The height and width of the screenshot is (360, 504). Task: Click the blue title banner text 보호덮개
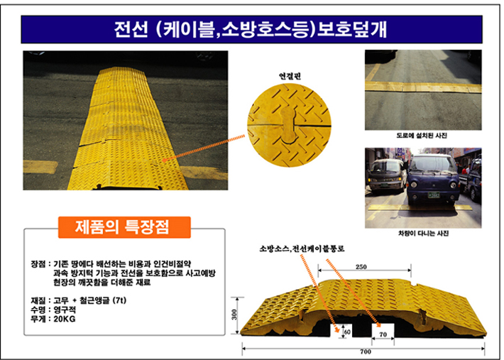352,29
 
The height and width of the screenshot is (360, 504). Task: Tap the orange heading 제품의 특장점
122,227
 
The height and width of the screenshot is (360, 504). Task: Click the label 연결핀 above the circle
290,76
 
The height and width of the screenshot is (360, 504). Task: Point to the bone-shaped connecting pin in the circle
289,124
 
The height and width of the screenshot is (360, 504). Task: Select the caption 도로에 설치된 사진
422,136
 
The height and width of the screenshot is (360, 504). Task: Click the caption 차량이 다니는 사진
423,234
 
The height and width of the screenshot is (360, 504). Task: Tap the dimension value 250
361,267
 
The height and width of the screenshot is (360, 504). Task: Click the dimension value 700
366,351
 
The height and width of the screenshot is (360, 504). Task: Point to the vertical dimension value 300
234,315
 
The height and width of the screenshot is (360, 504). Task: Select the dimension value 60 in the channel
347,332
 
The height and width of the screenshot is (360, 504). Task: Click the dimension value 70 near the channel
383,334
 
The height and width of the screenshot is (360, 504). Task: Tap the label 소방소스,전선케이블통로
302,249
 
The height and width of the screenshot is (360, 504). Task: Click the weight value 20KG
65,319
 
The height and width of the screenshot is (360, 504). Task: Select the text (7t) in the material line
119,300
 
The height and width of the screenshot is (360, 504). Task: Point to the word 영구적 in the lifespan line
65,310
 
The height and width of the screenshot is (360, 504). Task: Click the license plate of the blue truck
434,195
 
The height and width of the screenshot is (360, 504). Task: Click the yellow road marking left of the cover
40,167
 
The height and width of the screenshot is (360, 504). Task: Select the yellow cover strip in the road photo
423,87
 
